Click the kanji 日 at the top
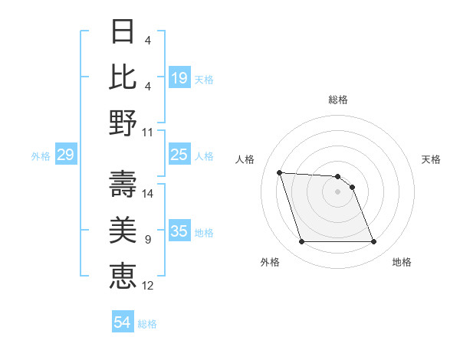[123, 31]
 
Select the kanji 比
[123, 77]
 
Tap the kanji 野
[123, 123]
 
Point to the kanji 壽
[123, 184]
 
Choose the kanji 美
[123, 230]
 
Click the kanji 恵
[123, 276]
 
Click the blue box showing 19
[179, 78]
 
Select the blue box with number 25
[179, 155]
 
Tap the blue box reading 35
[179, 231]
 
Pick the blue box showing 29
[65, 155]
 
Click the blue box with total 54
[123, 322]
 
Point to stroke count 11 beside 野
[148, 132]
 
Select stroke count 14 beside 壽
[148, 193]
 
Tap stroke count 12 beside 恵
[148, 286]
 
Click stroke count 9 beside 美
[148, 240]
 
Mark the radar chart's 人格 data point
[279, 172]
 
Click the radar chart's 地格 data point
[373, 242]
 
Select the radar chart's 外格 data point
[301, 242]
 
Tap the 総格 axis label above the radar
[337, 100]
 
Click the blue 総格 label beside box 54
[147, 324]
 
